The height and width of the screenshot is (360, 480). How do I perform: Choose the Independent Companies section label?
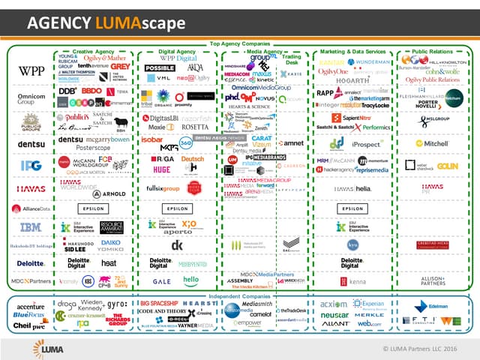(x=240, y=295)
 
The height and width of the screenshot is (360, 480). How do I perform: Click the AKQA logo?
(x=195, y=67)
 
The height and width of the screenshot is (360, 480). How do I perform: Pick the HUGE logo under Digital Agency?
(x=161, y=169)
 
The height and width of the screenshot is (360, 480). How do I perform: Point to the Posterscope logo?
(x=77, y=148)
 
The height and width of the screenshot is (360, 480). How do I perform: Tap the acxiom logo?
(x=334, y=305)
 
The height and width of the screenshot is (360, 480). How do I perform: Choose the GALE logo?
(x=162, y=280)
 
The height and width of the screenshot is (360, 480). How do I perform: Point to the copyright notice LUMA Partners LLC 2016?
(x=423, y=349)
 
